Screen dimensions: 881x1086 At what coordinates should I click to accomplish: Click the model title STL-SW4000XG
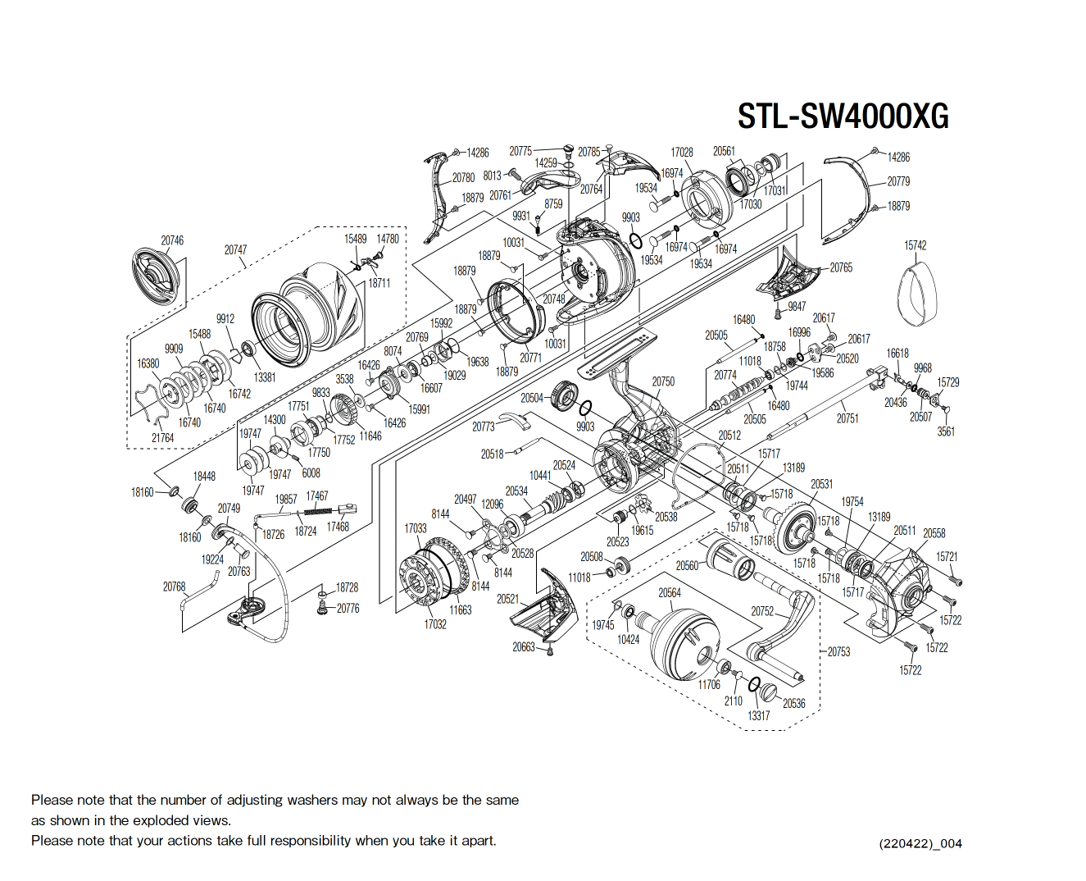point(843,116)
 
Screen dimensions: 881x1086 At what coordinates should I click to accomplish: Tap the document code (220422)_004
point(920,843)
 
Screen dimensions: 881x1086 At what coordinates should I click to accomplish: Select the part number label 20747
point(235,249)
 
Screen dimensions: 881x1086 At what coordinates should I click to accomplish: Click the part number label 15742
point(916,245)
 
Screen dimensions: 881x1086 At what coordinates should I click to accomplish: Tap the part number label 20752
point(762,611)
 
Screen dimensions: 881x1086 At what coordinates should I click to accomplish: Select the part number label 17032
point(435,624)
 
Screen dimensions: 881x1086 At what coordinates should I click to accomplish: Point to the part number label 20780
point(463,177)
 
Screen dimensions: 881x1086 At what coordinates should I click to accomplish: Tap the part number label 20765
point(841,267)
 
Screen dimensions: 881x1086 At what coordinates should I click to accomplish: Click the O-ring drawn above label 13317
point(754,686)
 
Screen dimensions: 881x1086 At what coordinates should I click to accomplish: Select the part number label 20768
point(174,587)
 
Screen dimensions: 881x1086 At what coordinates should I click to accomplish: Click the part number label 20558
point(934,533)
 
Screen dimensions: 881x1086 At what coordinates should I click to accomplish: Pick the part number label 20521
point(507,599)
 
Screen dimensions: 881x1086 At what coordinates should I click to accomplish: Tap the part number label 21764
point(162,438)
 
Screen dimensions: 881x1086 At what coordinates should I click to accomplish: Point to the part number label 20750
point(663,381)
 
